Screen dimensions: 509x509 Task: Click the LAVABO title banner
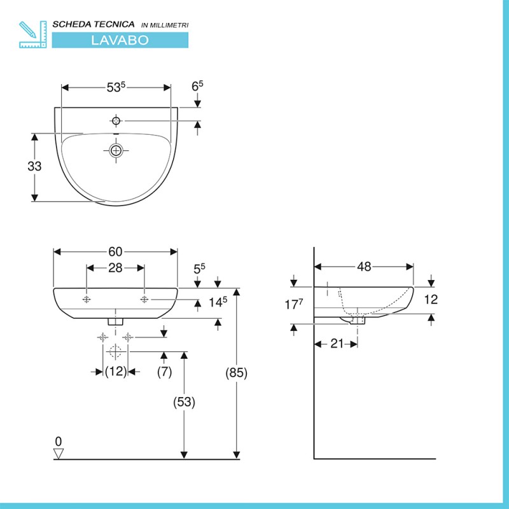pos(120,39)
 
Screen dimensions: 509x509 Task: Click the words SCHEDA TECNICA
pos(94,24)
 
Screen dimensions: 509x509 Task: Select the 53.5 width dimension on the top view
pos(115,88)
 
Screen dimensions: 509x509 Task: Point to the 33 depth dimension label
pos(34,167)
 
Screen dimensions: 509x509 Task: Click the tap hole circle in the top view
pos(116,120)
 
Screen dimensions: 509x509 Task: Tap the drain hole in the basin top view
pos(115,150)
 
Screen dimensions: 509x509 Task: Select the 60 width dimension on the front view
pos(115,252)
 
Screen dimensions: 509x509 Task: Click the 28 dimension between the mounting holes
pos(115,268)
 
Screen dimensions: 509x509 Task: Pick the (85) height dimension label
pos(236,373)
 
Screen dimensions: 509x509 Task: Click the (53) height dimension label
pos(184,402)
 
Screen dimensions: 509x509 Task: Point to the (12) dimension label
pos(116,372)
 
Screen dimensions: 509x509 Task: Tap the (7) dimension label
pos(164,372)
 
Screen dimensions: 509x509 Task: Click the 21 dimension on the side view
pos(337,344)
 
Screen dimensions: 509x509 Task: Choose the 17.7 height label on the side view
pos(292,305)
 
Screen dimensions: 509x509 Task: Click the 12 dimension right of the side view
pos(431,300)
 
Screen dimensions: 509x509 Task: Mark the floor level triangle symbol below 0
pos(59,454)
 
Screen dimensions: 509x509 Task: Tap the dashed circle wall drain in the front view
pos(115,351)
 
